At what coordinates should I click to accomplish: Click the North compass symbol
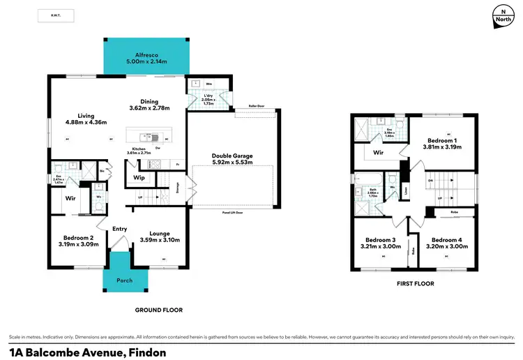click(499, 15)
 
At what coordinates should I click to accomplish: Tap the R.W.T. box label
click(55, 15)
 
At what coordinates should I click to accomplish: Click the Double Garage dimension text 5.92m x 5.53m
click(232, 162)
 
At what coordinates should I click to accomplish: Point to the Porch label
click(127, 280)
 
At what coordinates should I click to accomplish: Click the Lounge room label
click(160, 234)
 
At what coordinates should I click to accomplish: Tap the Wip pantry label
click(138, 178)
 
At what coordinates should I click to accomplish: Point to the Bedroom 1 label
click(442, 140)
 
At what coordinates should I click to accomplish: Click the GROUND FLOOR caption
click(160, 309)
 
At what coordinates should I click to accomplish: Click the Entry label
click(119, 229)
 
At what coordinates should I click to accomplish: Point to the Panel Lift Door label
click(232, 211)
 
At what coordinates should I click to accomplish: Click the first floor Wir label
click(378, 151)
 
